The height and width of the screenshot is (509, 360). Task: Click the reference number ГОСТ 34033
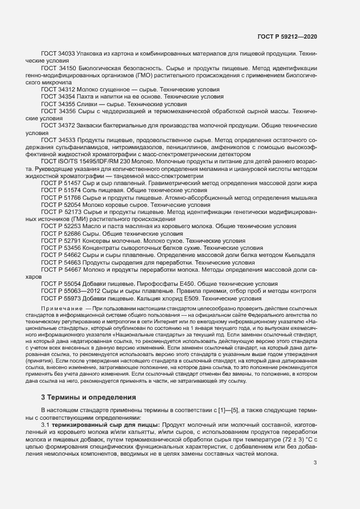click(58, 54)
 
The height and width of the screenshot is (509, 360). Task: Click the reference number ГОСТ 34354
click(58, 96)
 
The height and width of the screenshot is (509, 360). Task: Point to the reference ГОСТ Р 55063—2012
click(69, 291)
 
